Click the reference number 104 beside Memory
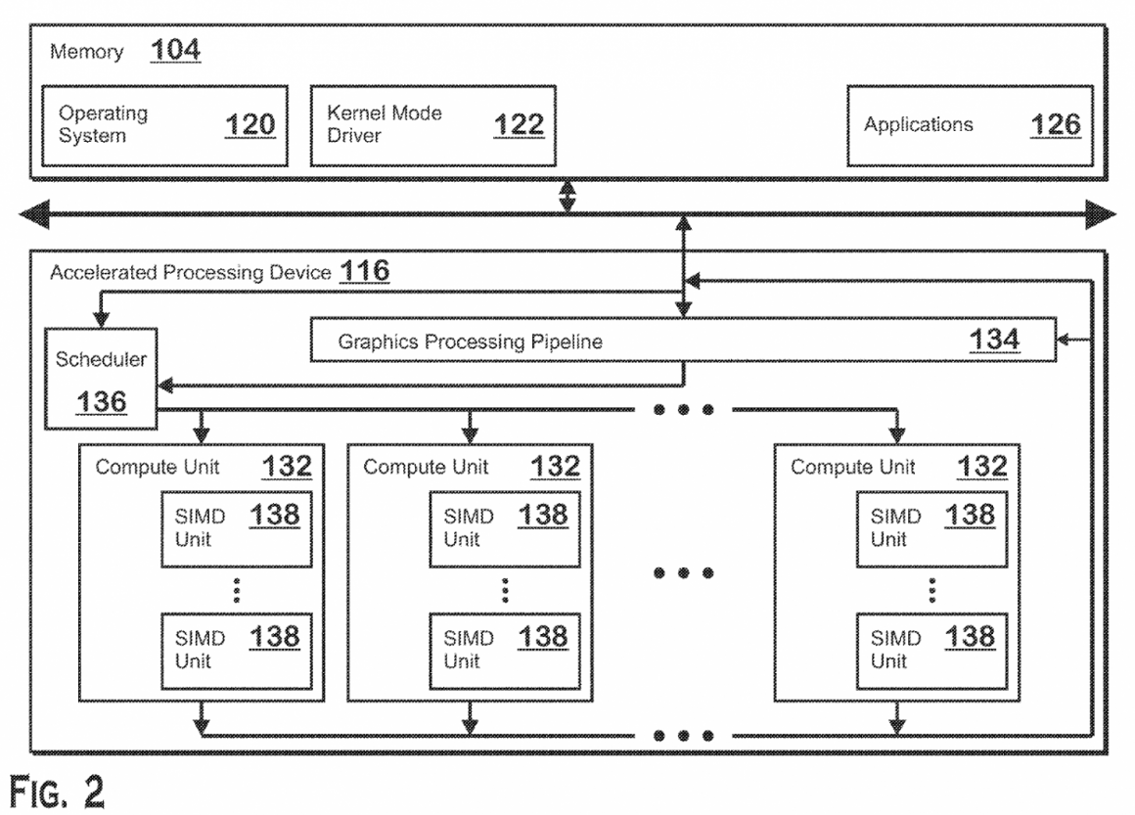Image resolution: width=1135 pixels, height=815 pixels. (x=175, y=49)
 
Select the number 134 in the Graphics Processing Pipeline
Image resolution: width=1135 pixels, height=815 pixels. (x=994, y=340)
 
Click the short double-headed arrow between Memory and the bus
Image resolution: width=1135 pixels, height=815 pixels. (x=567, y=197)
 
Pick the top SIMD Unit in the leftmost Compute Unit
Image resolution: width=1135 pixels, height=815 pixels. (x=235, y=527)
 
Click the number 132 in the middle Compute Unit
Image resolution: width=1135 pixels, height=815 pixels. (x=555, y=466)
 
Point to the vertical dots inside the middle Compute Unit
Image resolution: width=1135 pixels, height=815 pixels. (x=504, y=589)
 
